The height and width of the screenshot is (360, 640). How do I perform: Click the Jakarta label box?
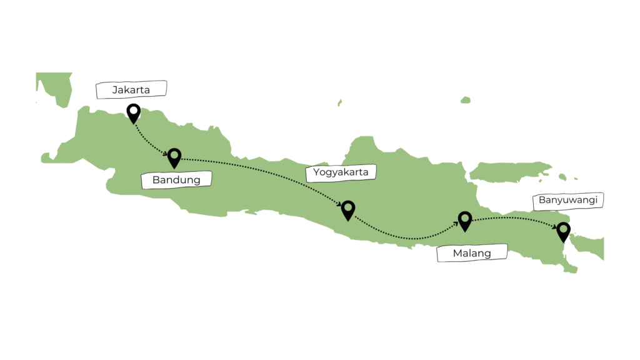coord(131,89)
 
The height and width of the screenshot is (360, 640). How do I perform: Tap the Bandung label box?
coord(176,180)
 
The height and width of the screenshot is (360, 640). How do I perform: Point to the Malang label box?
coord(472,253)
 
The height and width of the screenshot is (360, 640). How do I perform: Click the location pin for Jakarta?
coord(133,113)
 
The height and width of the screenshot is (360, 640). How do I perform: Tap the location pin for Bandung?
coord(174,157)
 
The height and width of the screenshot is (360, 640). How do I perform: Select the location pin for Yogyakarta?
coord(347,210)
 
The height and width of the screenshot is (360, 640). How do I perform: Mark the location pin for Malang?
coord(464,220)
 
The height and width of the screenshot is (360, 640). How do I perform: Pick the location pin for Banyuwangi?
coord(564,231)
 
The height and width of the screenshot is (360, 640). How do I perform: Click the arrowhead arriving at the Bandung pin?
coord(166,153)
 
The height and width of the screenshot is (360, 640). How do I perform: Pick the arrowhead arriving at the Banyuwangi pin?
coord(556,227)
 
